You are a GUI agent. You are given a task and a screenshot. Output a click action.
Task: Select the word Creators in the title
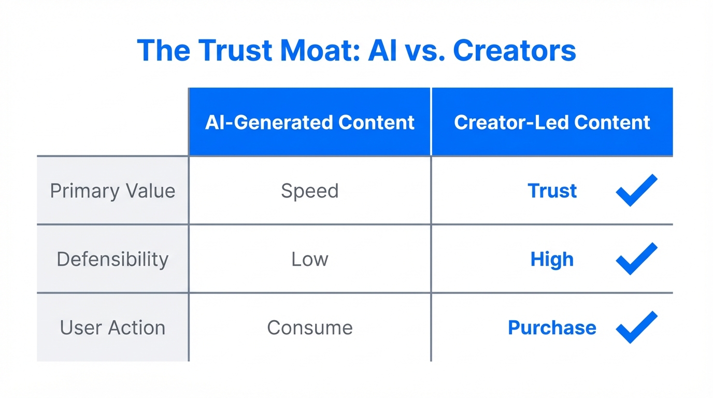pyautogui.click(x=514, y=51)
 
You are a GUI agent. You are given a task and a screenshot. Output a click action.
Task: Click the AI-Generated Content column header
pyautogui.click(x=310, y=122)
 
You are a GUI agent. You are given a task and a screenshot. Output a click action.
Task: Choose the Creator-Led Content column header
pyautogui.click(x=552, y=122)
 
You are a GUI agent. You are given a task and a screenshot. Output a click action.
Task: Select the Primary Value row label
pyautogui.click(x=112, y=191)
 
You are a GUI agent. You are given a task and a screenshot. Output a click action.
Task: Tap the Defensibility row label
pyautogui.click(x=112, y=259)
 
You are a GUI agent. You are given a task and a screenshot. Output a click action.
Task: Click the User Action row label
pyautogui.click(x=112, y=328)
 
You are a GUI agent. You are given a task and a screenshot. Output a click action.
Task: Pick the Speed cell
pyautogui.click(x=310, y=191)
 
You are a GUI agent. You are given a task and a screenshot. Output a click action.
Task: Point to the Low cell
pyautogui.click(x=310, y=259)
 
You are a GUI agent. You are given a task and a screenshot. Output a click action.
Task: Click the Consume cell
pyautogui.click(x=310, y=328)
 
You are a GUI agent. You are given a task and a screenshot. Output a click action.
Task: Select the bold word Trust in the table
pyautogui.click(x=552, y=191)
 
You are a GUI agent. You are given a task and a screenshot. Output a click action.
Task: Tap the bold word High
pyautogui.click(x=552, y=259)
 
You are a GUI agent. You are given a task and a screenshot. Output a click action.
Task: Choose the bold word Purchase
pyautogui.click(x=552, y=328)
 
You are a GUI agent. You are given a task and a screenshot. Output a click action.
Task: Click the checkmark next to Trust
pyautogui.click(x=636, y=190)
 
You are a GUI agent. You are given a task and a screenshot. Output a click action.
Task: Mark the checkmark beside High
pyautogui.click(x=636, y=259)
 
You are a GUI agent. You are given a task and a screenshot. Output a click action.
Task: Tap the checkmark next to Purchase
pyautogui.click(x=636, y=327)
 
